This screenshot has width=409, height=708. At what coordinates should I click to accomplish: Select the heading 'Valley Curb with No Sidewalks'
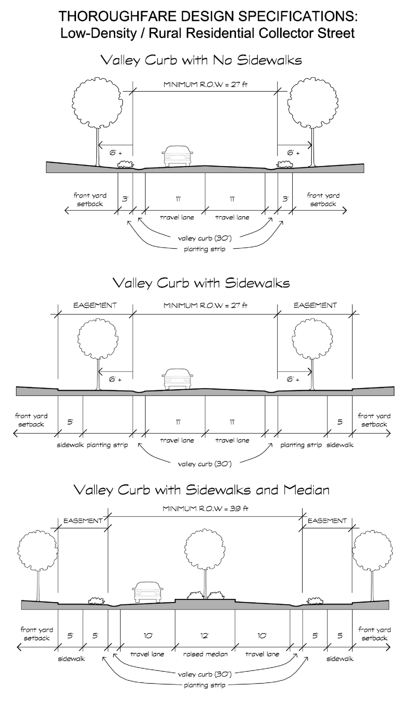click(x=201, y=60)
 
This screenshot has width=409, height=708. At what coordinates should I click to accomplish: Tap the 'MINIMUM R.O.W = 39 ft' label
click(x=205, y=509)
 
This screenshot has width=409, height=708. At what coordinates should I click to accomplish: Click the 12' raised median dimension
click(x=204, y=636)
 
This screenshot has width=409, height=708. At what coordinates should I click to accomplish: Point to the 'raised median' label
click(x=205, y=654)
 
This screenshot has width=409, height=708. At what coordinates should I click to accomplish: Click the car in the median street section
click(x=148, y=592)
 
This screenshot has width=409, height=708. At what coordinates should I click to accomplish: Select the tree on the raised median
click(x=205, y=550)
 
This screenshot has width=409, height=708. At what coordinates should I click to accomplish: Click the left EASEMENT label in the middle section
click(x=95, y=305)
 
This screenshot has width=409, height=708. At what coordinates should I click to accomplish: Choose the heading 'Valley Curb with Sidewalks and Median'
click(x=201, y=490)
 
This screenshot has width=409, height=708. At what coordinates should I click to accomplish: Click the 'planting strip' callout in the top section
click(x=205, y=249)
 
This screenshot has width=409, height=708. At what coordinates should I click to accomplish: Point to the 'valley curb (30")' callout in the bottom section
click(x=205, y=674)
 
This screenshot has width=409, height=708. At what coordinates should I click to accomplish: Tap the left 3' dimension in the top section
click(x=125, y=199)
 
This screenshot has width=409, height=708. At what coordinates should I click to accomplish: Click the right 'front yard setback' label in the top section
click(x=323, y=199)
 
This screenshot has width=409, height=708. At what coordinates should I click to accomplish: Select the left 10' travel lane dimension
click(x=148, y=636)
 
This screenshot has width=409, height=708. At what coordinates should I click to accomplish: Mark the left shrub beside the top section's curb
click(x=125, y=164)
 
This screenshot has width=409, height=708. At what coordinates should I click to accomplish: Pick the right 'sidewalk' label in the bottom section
click(x=340, y=659)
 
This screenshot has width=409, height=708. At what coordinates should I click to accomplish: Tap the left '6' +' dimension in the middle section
click(x=115, y=379)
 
